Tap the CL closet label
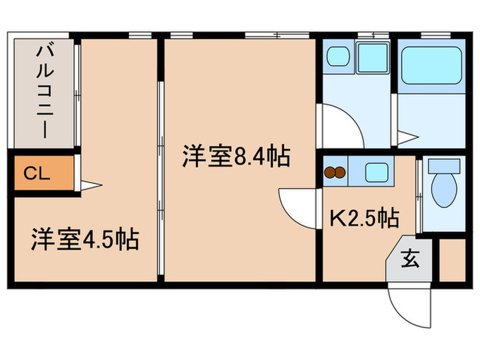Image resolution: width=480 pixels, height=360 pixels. [36, 173]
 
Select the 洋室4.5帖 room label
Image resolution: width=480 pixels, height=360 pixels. [84, 240]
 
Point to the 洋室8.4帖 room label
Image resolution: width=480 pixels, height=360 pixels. [235, 157]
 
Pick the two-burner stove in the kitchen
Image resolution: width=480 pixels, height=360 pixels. [335, 173]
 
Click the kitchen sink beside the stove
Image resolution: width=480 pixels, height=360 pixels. [376, 171]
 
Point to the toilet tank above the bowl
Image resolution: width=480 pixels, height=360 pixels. [444, 166]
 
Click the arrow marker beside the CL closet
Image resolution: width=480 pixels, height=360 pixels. [91, 184]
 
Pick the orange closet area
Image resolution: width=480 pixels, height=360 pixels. [42, 174]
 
